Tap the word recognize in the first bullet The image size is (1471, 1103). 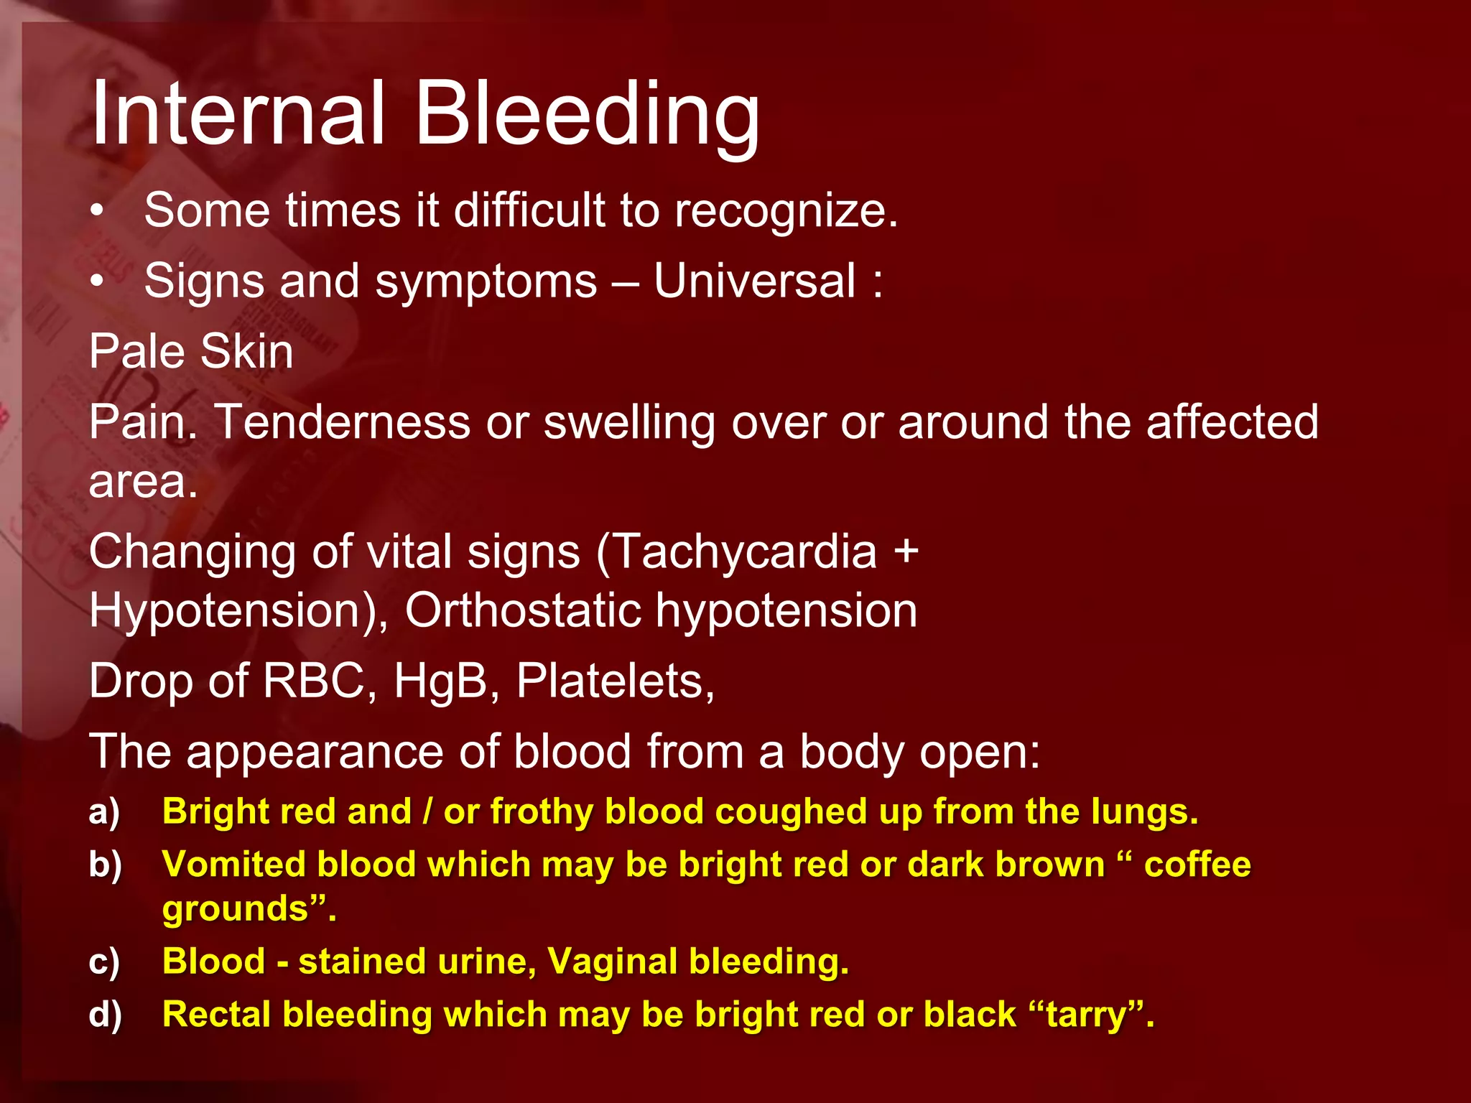click(786, 211)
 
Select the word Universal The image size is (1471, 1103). click(755, 281)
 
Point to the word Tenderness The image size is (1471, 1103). click(342, 422)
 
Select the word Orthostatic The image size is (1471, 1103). click(522, 611)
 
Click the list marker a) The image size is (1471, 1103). click(104, 813)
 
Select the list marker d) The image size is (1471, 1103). click(105, 1015)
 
